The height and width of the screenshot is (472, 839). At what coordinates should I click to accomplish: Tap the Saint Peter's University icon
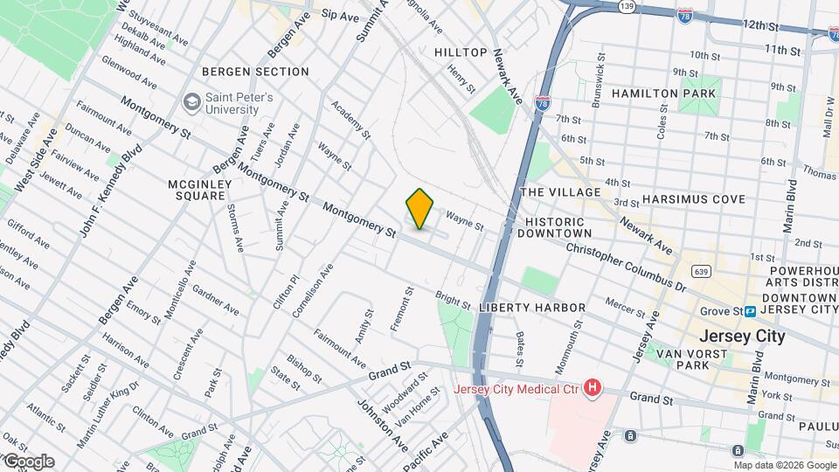190,103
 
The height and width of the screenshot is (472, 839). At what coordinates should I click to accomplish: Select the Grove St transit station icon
750,311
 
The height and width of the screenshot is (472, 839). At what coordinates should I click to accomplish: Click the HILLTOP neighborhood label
461,52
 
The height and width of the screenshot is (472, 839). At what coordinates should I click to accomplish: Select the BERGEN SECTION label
255,72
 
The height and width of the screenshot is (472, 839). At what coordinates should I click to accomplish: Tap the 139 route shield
601,6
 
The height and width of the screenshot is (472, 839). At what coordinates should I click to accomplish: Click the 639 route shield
701,272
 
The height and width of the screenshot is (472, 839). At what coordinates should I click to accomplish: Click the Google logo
28,462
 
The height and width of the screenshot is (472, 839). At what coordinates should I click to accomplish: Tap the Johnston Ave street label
382,425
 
